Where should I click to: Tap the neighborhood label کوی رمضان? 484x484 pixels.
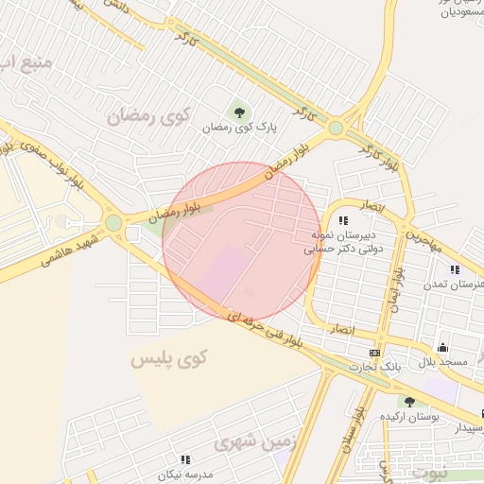(x=148, y=117)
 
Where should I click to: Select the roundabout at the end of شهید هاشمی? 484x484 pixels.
(x=114, y=224)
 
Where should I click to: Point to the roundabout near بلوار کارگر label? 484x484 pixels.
(x=336, y=128)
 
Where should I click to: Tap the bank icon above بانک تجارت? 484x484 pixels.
(x=375, y=353)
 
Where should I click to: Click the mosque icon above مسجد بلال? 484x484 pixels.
(x=441, y=347)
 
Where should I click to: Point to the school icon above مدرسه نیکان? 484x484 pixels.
(x=184, y=459)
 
